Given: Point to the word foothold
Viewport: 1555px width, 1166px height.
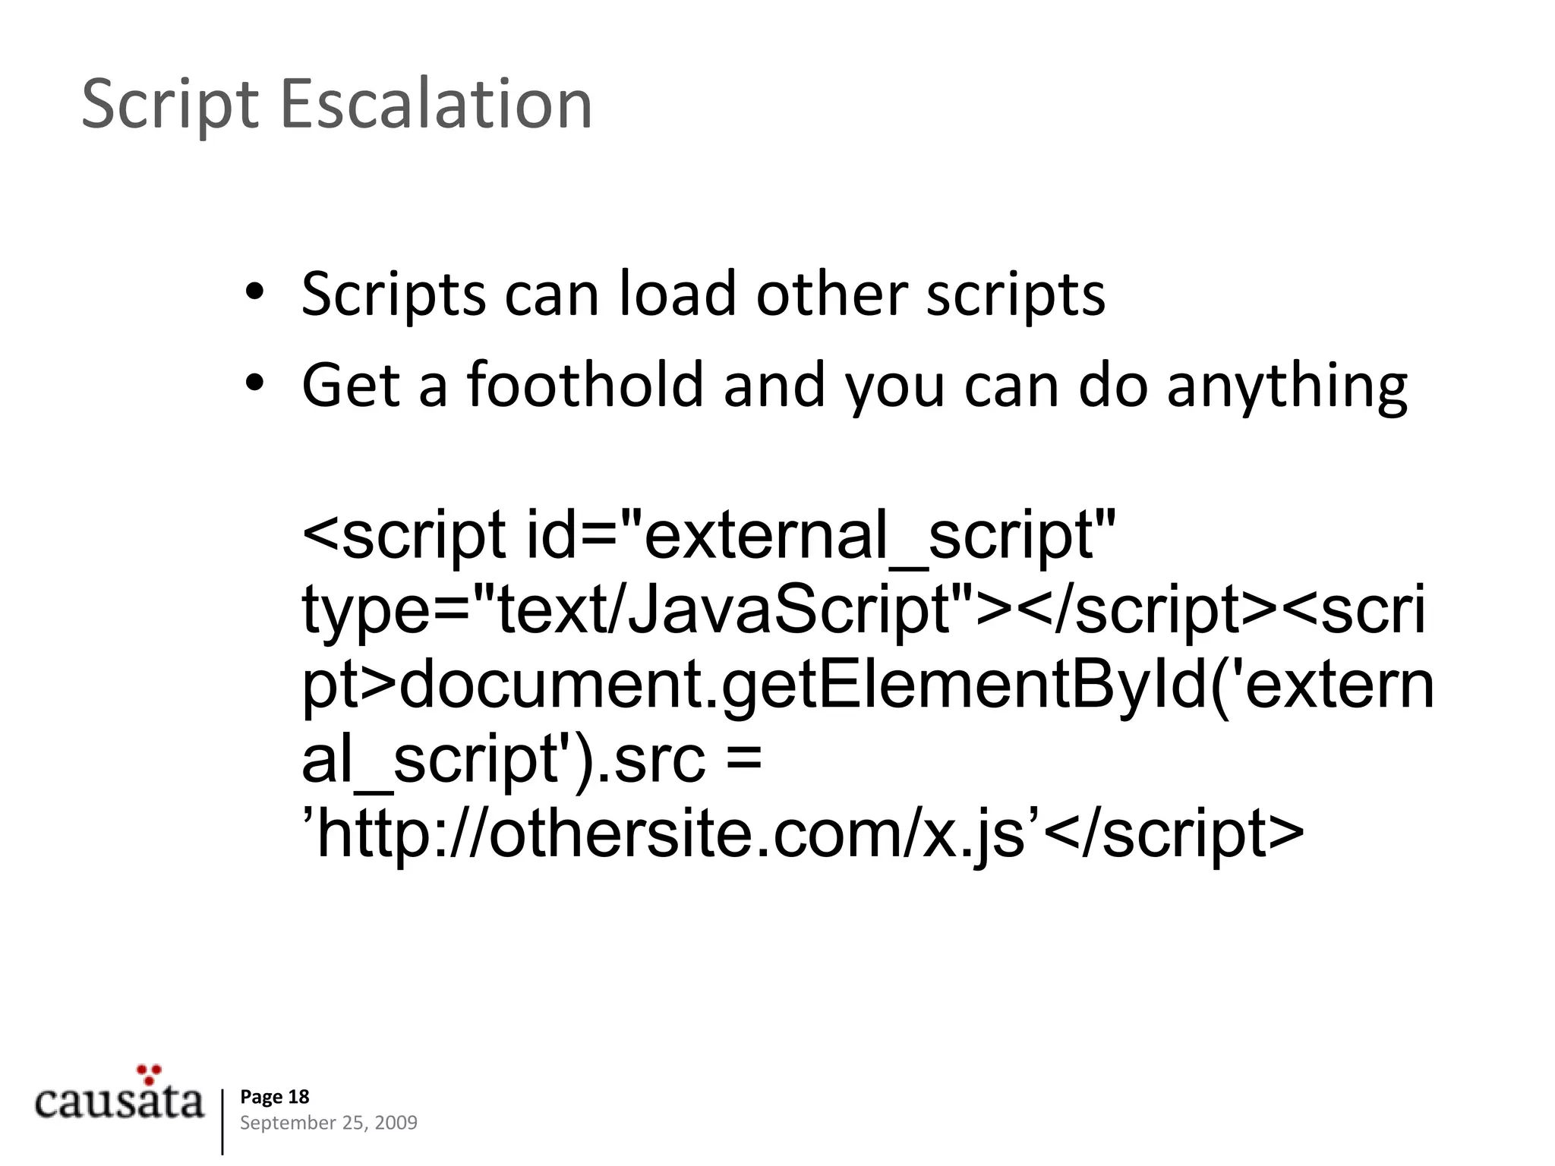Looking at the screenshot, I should point(585,384).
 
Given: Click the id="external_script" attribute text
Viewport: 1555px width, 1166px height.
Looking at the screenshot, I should point(820,536).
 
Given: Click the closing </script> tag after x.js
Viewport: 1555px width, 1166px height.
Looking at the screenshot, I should point(1173,834).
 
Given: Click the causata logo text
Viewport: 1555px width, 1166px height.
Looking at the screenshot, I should point(119,1101).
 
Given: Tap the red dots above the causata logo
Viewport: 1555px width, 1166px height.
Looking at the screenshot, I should point(149,1073).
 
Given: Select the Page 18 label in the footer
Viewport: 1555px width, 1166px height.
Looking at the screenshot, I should point(275,1096).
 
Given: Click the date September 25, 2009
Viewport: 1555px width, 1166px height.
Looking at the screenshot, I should point(328,1123).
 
